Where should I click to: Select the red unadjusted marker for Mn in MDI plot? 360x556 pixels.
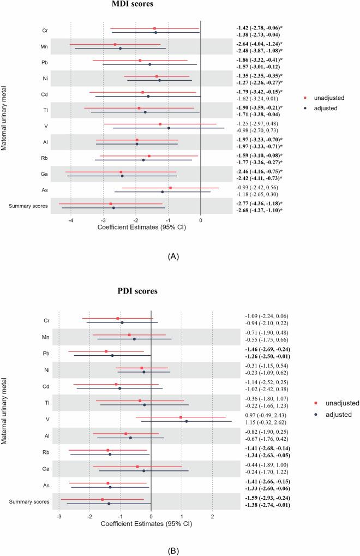pyautogui.click(x=115, y=44)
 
